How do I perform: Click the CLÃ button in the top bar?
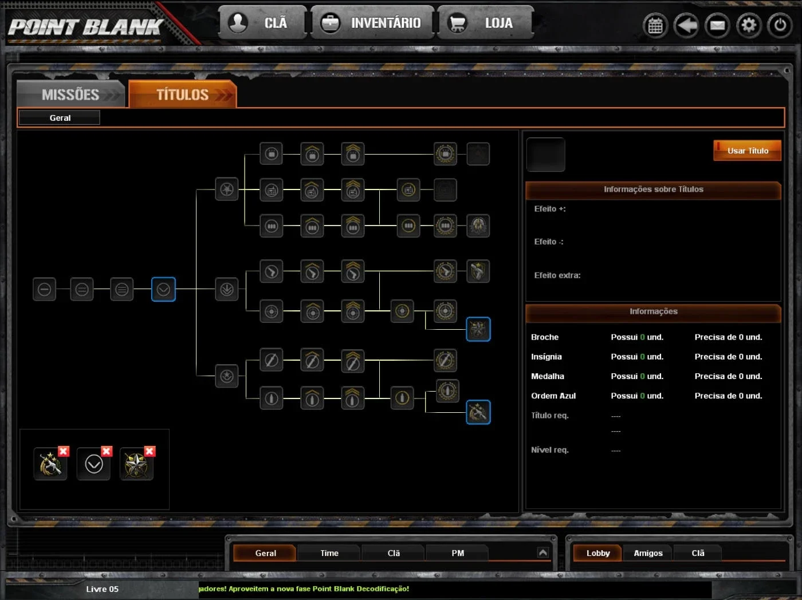262,23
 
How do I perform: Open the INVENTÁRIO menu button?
372,23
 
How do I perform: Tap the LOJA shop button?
486,23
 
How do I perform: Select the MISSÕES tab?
71,94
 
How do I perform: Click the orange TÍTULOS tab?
183,94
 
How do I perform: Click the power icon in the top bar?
779,25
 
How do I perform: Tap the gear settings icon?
748,25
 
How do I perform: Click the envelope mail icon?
717,25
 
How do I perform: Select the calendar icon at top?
655,25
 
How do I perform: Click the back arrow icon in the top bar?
686,25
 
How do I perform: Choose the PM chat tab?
458,553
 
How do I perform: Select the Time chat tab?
329,553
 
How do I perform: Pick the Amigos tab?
648,553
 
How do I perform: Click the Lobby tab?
597,553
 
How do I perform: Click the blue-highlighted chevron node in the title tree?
163,289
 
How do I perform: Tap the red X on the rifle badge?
64,451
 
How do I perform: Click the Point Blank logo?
85,27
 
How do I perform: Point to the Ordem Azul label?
553,396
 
